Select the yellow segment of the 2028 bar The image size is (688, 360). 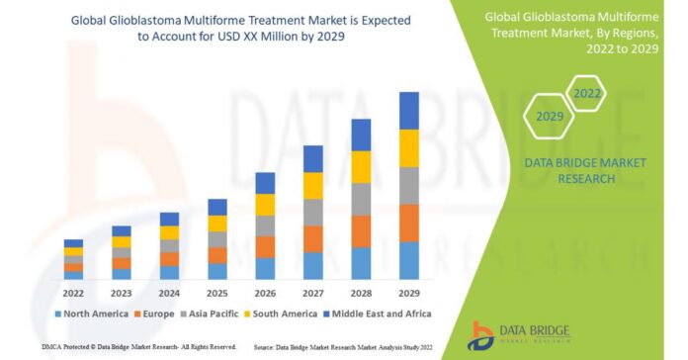(x=361, y=166)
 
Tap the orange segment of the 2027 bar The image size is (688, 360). (x=312, y=238)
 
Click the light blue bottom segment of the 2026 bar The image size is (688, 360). (x=265, y=268)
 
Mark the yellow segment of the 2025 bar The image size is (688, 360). (x=217, y=224)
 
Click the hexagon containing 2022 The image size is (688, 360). (x=585, y=95)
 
